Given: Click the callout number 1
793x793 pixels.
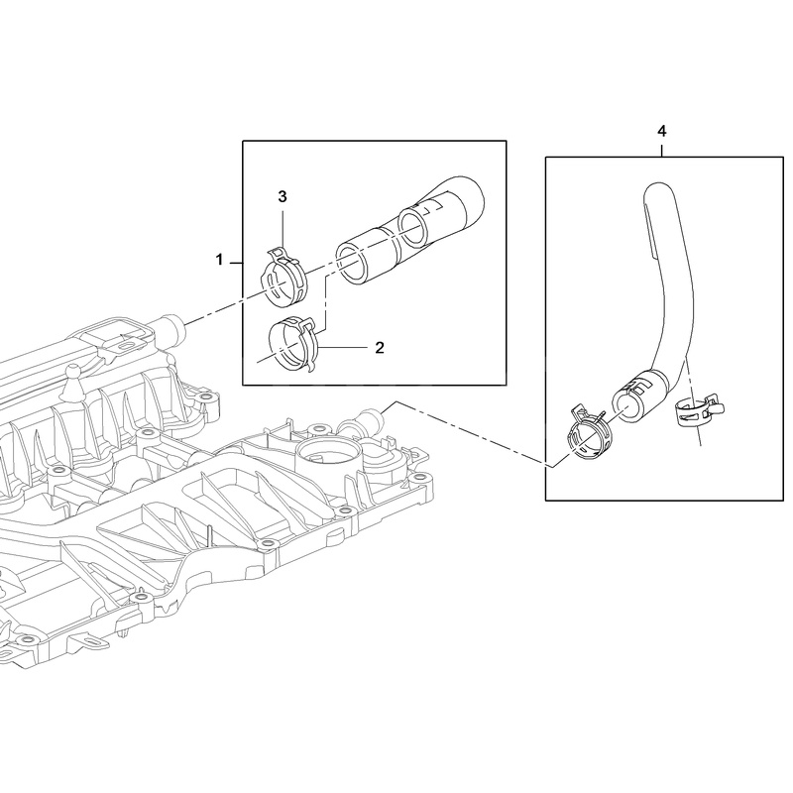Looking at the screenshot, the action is pos(219,260).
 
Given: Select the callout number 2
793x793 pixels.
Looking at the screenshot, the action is pos(380,348).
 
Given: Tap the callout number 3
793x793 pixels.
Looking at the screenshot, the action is pos(283,196).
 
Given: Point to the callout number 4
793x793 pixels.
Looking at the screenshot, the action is pos(661,132).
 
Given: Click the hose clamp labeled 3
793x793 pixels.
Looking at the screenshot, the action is pos(284,279).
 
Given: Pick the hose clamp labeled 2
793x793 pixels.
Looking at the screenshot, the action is pos(293,345).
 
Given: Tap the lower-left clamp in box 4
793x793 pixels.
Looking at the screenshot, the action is pos(590,431).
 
